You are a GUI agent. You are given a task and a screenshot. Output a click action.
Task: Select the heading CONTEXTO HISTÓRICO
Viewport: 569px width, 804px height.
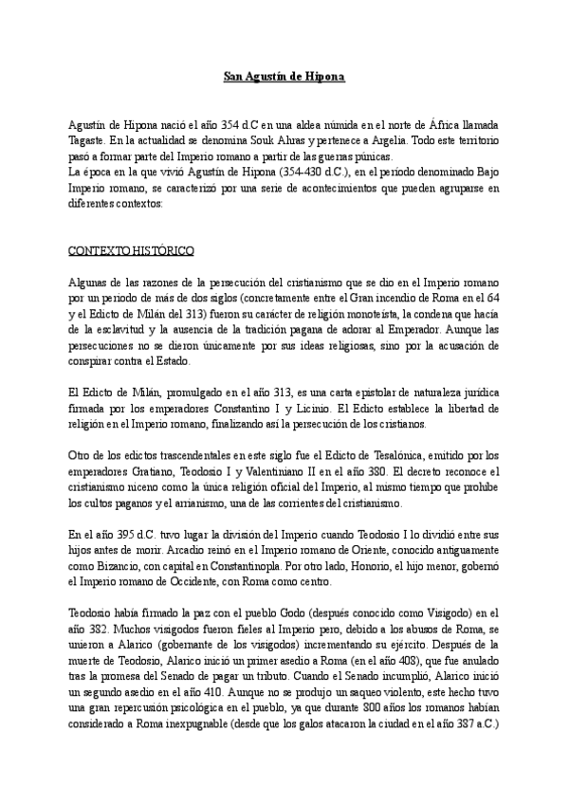click(x=132, y=251)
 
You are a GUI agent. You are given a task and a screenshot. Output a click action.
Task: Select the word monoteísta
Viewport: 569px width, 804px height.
click(x=380, y=315)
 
